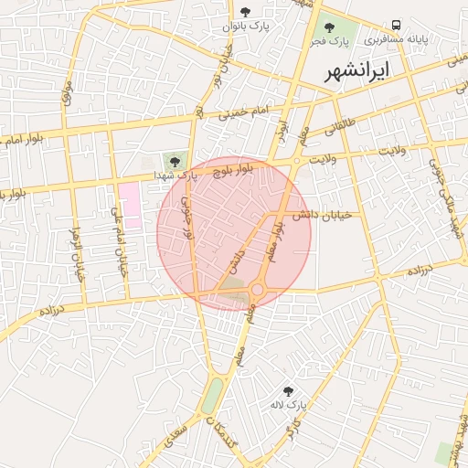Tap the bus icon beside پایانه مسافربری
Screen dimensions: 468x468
pyautogui.click(x=397, y=25)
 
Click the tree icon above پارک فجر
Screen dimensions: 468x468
pyautogui.click(x=329, y=27)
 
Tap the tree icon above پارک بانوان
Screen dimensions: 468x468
pyautogui.click(x=245, y=12)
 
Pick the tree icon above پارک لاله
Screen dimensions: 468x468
pyautogui.click(x=290, y=389)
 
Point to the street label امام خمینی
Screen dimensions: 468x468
pyautogui.click(x=244, y=112)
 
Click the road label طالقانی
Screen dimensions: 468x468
pyautogui.click(x=342, y=132)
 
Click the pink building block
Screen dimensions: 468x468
pyautogui.click(x=130, y=205)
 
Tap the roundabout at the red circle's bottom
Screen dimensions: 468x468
pyautogui.click(x=258, y=290)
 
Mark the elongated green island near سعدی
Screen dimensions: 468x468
pyautogui.click(x=212, y=396)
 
